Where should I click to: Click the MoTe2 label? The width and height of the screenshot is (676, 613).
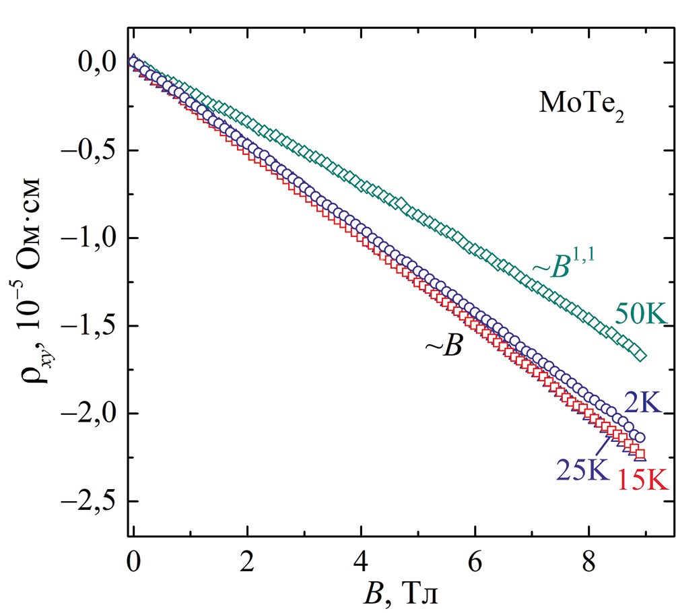(x=580, y=104)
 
